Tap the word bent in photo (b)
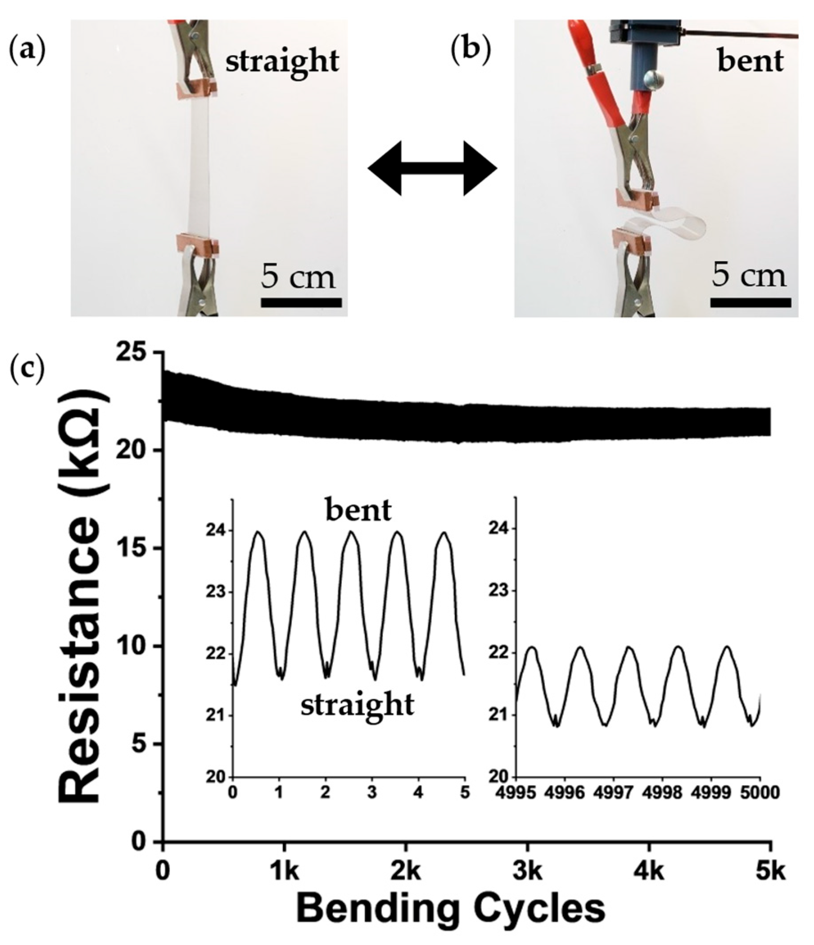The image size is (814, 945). coord(750,61)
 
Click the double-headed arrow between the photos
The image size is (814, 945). coord(432,168)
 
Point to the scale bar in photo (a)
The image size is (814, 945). coord(301,302)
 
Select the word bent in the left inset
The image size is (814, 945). coord(358,511)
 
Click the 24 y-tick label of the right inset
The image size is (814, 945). coord(499,529)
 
